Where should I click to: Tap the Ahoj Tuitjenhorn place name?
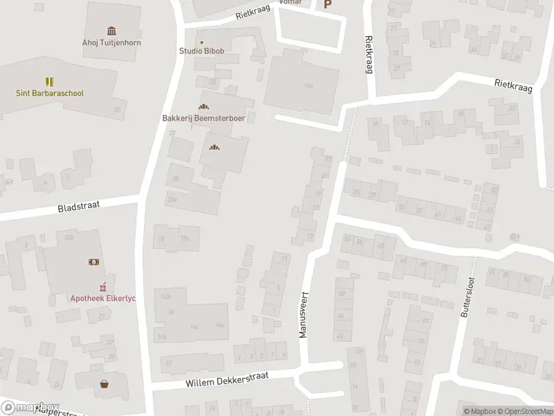[x=111, y=42]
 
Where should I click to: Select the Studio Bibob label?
[x=202, y=51]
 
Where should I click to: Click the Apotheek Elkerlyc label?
[x=102, y=298]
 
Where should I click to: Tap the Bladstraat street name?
[x=78, y=207]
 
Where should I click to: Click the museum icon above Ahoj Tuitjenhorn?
[x=111, y=30]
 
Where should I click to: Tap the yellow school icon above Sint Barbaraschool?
[x=49, y=82]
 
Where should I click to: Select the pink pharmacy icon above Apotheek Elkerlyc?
[x=102, y=286]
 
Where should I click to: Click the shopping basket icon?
[x=105, y=383]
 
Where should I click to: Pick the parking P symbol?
[x=328, y=4]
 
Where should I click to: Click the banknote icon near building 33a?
[x=93, y=262]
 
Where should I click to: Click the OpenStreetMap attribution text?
[x=528, y=411]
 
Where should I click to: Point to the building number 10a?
[x=309, y=85]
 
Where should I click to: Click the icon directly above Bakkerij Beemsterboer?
[x=203, y=106]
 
